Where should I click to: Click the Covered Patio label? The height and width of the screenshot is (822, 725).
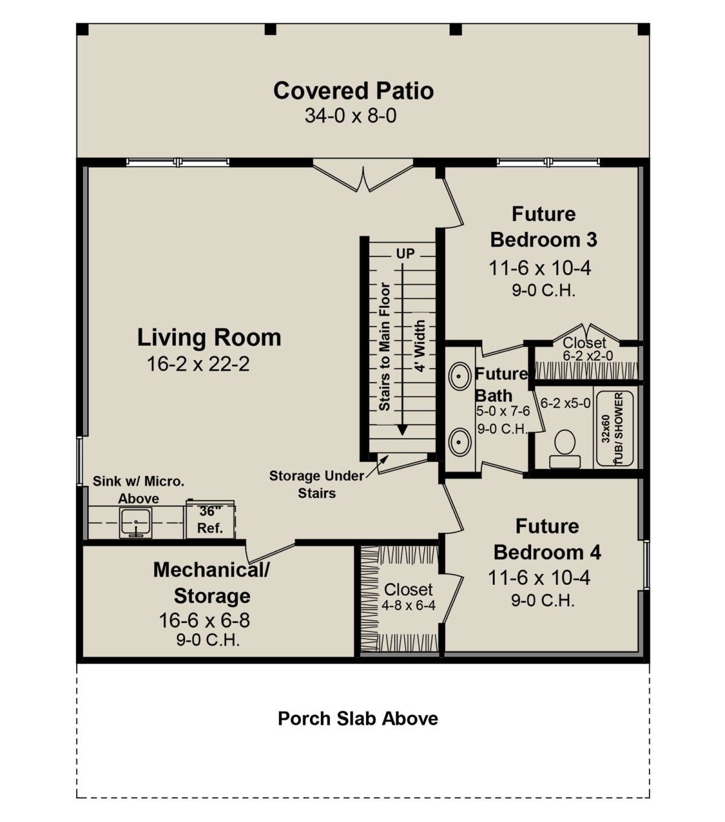coord(353,91)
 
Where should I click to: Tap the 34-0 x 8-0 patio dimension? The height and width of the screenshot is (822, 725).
coord(350,116)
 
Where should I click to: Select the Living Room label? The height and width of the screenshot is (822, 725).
coord(209,337)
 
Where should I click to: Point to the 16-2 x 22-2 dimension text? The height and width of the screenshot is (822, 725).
coord(198,364)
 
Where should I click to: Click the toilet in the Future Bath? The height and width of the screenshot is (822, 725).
coord(564,449)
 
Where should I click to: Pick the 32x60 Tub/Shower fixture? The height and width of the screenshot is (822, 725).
coord(614,429)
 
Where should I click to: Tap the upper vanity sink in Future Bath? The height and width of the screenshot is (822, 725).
coord(460,376)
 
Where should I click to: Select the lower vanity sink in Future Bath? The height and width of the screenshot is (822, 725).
coord(460,442)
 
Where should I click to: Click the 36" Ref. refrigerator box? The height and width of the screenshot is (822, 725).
coord(210,520)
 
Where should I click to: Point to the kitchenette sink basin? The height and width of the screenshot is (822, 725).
coord(136,522)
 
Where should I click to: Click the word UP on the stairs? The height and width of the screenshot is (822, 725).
coord(405,253)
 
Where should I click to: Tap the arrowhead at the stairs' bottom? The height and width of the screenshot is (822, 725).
coord(402,430)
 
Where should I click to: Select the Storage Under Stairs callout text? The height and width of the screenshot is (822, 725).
coord(317,485)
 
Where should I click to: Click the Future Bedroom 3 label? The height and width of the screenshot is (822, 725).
coord(543,227)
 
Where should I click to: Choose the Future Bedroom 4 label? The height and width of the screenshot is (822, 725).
coord(547,539)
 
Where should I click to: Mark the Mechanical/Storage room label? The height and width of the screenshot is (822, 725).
coord(211,582)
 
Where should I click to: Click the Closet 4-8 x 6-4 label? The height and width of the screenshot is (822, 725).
coord(408,597)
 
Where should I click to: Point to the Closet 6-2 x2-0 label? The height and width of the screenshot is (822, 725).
coord(587,349)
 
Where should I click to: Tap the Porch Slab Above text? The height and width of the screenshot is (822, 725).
coord(358,719)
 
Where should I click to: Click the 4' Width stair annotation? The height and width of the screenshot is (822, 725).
coord(420,346)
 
